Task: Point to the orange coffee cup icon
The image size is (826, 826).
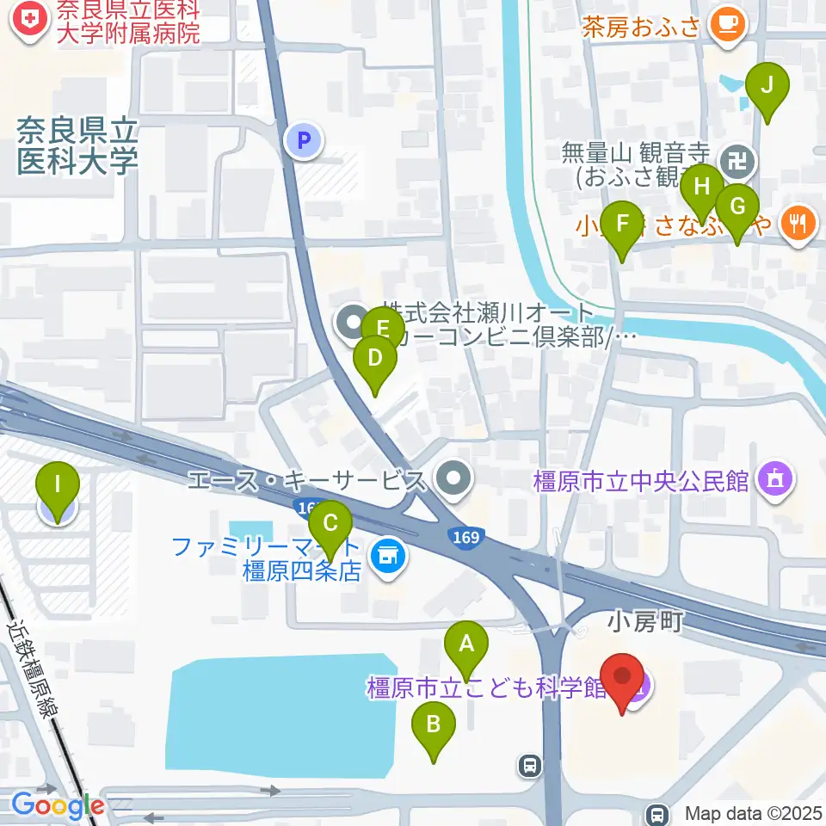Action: coord(728,24)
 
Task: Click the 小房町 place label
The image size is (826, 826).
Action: coord(644,621)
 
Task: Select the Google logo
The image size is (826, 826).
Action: coord(57,805)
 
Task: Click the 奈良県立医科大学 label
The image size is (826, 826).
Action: coord(77,146)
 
